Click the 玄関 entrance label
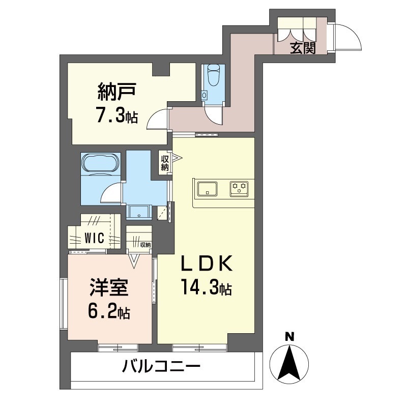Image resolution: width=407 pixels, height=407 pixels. pyautogui.click(x=303, y=49)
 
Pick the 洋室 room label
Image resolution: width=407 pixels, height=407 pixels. pyautogui.click(x=108, y=287)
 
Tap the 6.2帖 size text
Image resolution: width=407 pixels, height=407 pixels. pyautogui.click(x=109, y=310)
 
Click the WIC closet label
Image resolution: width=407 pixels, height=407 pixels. pyautogui.click(x=95, y=238)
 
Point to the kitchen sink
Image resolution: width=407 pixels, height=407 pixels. pyautogui.click(x=207, y=188)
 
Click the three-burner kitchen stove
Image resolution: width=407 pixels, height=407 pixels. pyautogui.click(x=239, y=188)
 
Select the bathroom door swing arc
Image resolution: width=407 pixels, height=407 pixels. pyautogui.click(x=111, y=194)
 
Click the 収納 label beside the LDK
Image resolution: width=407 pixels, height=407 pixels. pyautogui.click(x=165, y=163)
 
